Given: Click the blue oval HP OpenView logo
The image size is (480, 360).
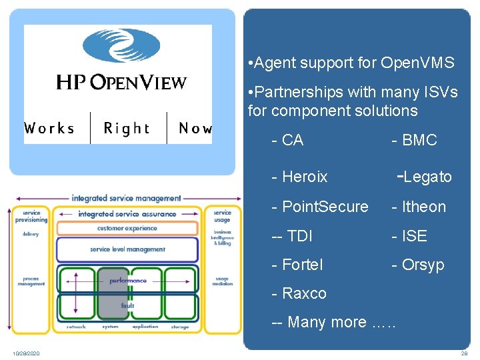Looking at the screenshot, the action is point(121,45).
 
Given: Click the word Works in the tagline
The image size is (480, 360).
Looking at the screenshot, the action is point(49,128).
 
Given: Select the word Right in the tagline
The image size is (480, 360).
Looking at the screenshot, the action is point(127,128).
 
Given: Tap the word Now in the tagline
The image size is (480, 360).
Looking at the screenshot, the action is point(195,128).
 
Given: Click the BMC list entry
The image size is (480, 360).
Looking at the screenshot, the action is point(414,140).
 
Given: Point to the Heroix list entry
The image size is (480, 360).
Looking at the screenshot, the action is point(300,177).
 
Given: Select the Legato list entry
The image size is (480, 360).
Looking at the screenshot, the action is point(425,177).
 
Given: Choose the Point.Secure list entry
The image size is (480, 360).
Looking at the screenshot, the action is point(320,207).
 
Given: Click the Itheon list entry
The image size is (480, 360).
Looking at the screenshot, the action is point(419,207).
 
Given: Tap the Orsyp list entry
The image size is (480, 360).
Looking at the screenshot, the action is point(417,265).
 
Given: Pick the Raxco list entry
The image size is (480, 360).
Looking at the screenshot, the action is point(299,293).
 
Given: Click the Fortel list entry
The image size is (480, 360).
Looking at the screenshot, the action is point(297,265).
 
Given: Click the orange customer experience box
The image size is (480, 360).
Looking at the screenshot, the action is point(127,228).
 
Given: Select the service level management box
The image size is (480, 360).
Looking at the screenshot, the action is point(127,249).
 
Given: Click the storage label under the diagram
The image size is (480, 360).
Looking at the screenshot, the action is point(179,327).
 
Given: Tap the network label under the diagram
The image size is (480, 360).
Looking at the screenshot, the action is point(76,327).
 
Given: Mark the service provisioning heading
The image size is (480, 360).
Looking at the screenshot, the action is point(31,216).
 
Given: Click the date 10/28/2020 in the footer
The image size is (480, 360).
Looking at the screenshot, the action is point(25,353).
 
